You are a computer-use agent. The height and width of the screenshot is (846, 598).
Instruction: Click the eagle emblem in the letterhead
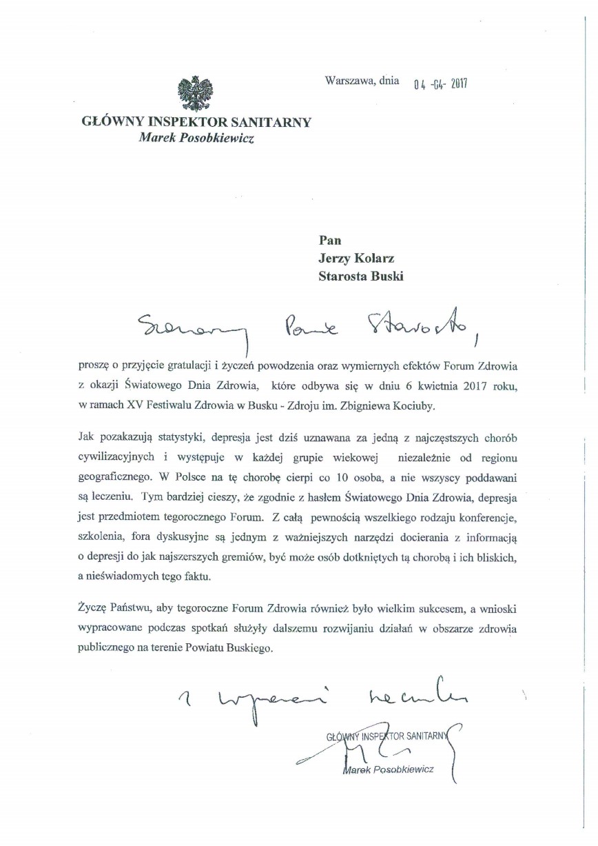point(195,95)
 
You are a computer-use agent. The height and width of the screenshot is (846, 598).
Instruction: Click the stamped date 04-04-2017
point(440,85)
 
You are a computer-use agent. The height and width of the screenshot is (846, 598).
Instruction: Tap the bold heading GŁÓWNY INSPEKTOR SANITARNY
point(196,122)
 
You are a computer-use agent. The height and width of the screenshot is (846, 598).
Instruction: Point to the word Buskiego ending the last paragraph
point(247,649)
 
